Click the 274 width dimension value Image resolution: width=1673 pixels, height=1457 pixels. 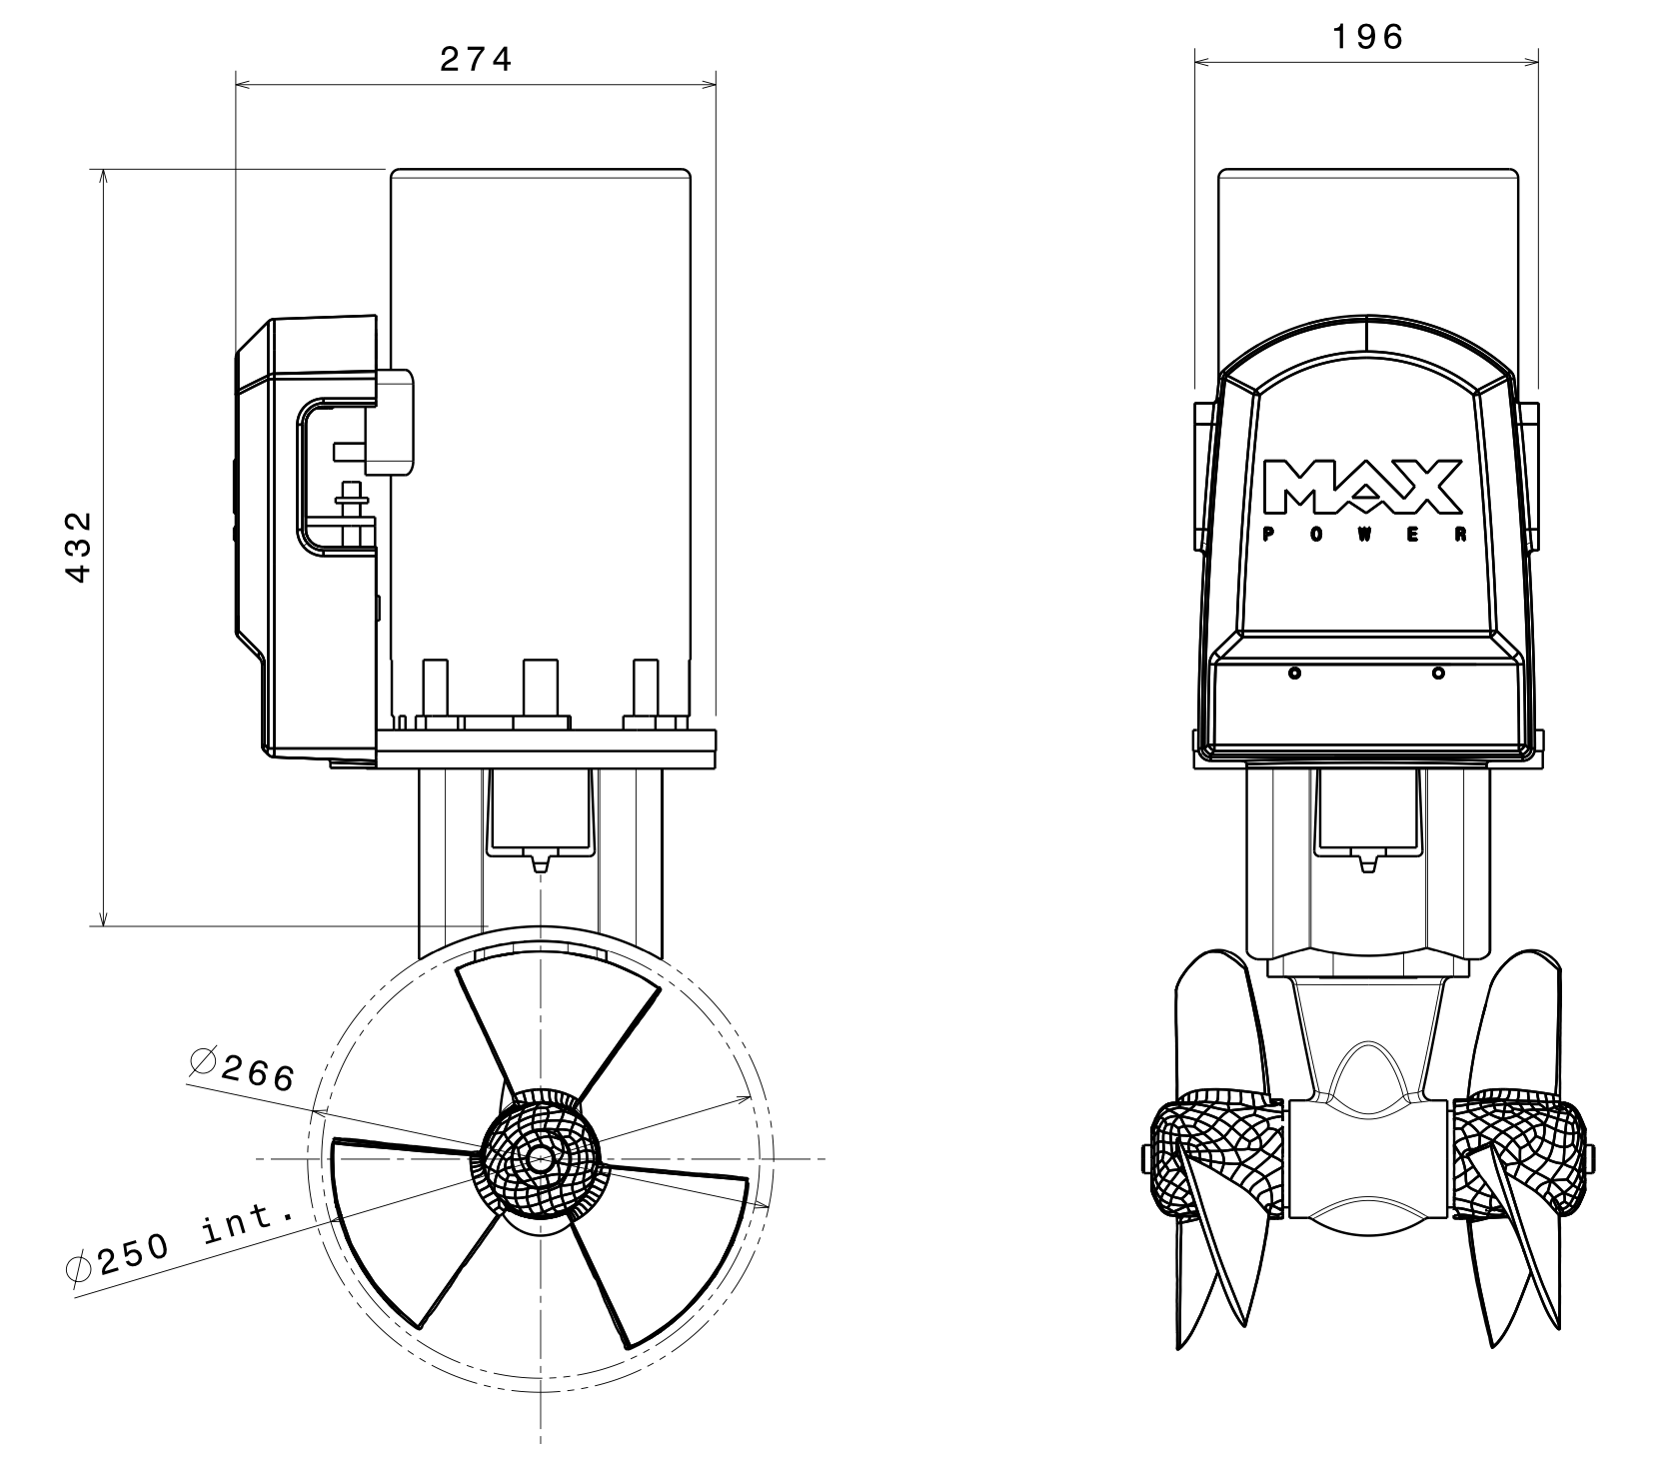click(476, 60)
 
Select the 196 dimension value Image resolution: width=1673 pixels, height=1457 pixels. click(1367, 37)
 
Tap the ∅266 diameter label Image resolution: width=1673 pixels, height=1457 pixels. click(242, 1069)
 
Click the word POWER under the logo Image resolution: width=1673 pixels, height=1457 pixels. click(1365, 536)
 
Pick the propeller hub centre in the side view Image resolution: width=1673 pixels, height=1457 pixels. click(540, 1159)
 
